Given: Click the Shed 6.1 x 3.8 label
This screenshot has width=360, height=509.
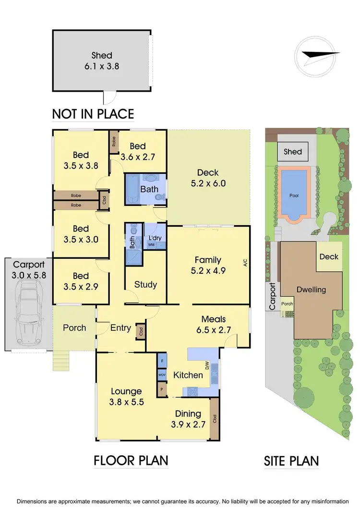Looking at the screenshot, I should [x=102, y=61].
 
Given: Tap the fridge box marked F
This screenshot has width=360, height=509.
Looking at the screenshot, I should [x=162, y=360].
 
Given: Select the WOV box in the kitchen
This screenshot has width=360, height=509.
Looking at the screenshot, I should [x=162, y=374].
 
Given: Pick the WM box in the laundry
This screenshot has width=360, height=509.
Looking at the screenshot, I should [x=151, y=245].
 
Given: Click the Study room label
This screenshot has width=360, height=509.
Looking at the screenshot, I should [x=145, y=284].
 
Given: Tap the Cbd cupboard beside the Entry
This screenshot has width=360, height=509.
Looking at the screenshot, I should [x=141, y=331].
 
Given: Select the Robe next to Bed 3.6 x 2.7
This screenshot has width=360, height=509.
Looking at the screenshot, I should [x=114, y=142].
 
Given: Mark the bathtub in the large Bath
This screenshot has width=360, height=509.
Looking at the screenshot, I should [x=132, y=190].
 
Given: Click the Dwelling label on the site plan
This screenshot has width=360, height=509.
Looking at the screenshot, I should [x=311, y=290].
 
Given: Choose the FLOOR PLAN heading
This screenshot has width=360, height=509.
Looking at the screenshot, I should [x=131, y=461].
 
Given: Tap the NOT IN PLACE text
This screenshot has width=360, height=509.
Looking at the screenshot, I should [x=93, y=114].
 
